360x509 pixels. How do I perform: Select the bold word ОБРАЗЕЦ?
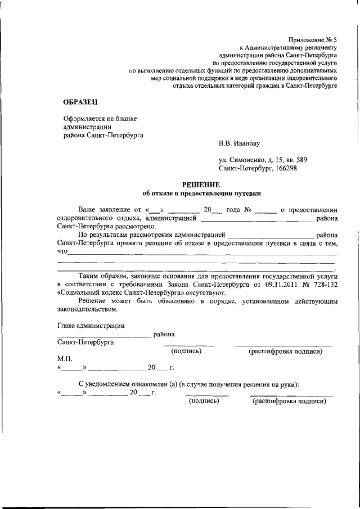79,101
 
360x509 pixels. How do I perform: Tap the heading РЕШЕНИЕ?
201,185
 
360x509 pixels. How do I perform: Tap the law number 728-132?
324,285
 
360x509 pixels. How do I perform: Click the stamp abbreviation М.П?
65,358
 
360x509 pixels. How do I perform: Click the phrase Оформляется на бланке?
100,118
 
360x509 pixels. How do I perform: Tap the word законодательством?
88,309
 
